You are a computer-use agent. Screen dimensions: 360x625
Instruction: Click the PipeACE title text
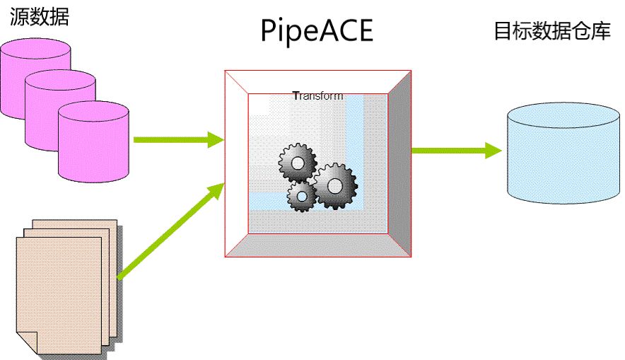coord(316,32)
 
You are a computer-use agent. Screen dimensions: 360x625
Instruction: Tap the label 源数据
coord(40,17)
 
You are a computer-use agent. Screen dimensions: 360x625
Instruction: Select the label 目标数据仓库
coord(551,32)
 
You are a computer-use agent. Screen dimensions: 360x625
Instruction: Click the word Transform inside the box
coord(317,96)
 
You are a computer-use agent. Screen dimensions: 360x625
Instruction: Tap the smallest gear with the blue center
coord(302,196)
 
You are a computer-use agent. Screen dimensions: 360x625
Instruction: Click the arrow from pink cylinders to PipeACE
coord(177,140)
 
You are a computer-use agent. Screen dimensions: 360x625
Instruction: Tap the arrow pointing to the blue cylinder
coord(456,150)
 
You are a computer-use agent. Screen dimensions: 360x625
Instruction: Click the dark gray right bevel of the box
coord(399,163)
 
